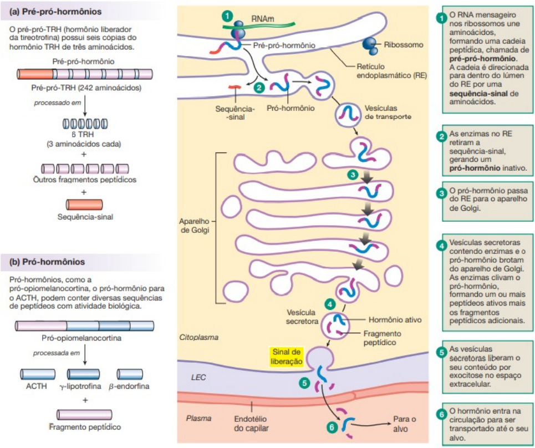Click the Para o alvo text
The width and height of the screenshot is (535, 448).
pyautogui.click(x=404, y=423)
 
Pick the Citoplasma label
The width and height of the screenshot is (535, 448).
pyautogui.click(x=198, y=337)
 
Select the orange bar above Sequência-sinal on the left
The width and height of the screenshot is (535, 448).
pyautogui.click(x=84, y=204)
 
